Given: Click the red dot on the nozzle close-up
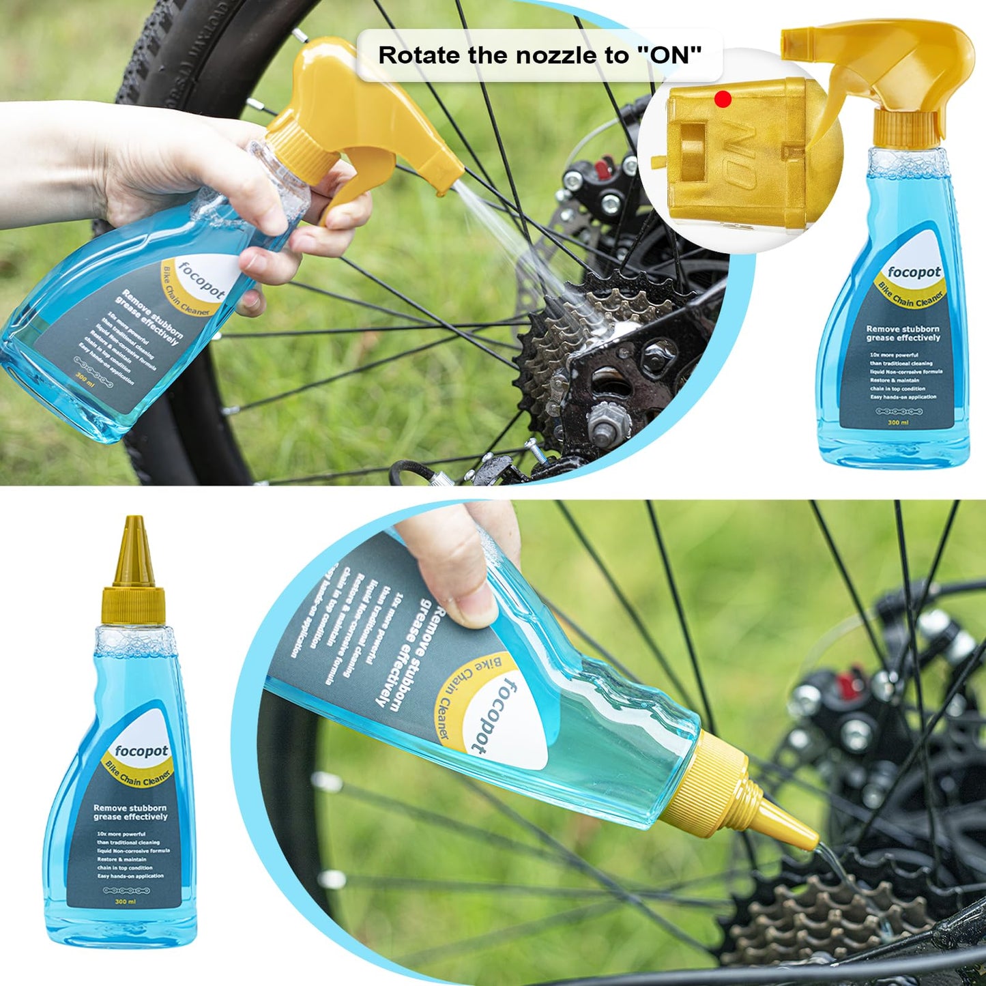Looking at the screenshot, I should point(723,100).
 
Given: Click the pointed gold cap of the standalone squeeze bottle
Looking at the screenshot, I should point(134,553).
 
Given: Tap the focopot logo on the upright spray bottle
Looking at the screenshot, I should point(914,273).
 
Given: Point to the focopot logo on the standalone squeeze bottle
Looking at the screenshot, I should point(141,751).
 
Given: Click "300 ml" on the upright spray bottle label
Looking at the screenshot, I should point(898,422).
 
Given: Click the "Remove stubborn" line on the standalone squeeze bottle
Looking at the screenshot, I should point(130,808).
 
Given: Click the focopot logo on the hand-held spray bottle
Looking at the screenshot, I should point(201,280).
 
